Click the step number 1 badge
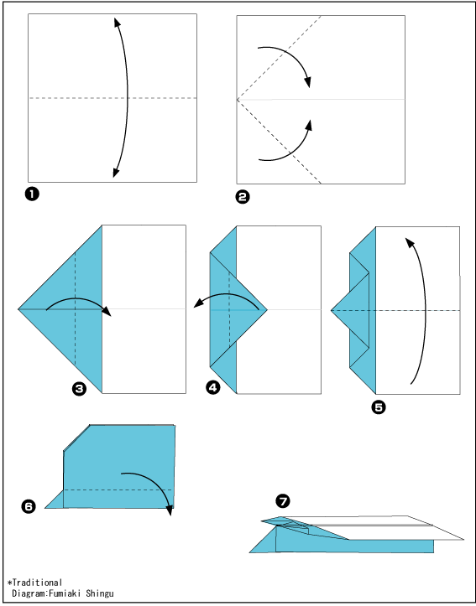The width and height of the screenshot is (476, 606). (x=32, y=194)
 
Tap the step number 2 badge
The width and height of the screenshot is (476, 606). (x=243, y=197)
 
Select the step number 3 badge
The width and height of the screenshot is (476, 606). (x=79, y=388)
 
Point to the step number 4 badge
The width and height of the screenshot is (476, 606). (x=213, y=387)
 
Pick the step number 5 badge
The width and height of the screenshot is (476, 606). (x=378, y=407)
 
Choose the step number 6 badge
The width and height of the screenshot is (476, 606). (x=29, y=506)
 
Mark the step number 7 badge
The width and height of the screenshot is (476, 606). (x=283, y=502)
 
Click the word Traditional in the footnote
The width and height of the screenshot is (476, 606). (x=37, y=582)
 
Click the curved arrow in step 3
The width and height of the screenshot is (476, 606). (x=77, y=298)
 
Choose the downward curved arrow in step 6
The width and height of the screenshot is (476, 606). (x=155, y=479)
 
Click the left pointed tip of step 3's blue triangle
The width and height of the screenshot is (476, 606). (x=18, y=309)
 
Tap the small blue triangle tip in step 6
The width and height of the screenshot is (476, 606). (x=45, y=507)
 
